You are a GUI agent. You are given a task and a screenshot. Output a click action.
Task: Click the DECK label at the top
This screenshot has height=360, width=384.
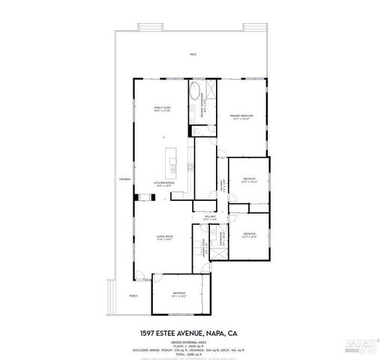(x=193, y=55)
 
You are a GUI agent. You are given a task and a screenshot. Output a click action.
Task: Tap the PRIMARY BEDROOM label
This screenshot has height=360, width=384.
(x=241, y=116)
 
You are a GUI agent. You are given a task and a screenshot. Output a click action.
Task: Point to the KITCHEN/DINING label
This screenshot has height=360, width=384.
(x=164, y=183)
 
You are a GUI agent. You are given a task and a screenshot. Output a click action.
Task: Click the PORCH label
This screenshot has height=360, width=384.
(x=133, y=295)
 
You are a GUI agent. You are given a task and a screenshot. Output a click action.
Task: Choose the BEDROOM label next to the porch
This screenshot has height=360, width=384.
(x=179, y=293)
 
